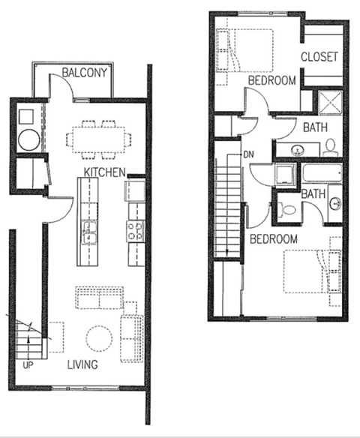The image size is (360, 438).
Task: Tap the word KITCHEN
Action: [x=104, y=172]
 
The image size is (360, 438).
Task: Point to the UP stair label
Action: [x=28, y=367]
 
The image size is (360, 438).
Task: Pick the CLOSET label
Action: [x=320, y=57]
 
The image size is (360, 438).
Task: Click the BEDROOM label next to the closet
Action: [x=271, y=81]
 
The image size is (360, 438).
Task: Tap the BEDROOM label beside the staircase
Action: [x=273, y=239]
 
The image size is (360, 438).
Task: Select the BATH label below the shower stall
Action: [x=316, y=127]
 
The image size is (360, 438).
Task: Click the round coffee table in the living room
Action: [x=98, y=339]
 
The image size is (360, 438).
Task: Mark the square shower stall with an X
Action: [x=330, y=101]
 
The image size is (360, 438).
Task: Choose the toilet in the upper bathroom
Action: [x=329, y=147]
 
